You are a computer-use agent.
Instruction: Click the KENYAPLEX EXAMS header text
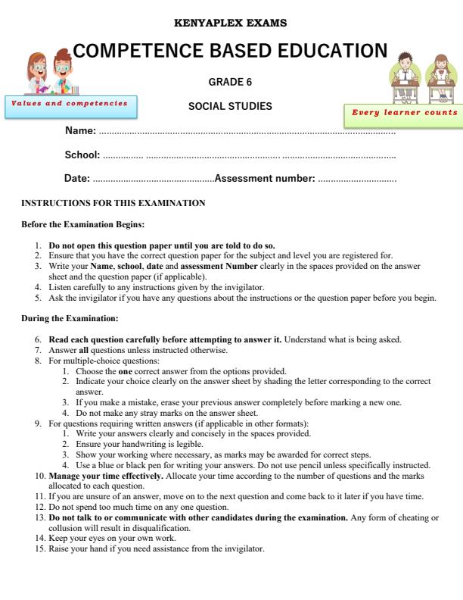pos(231,23)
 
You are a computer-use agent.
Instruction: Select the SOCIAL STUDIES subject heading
pos(230,107)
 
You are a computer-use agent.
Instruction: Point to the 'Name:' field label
pos(81,132)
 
